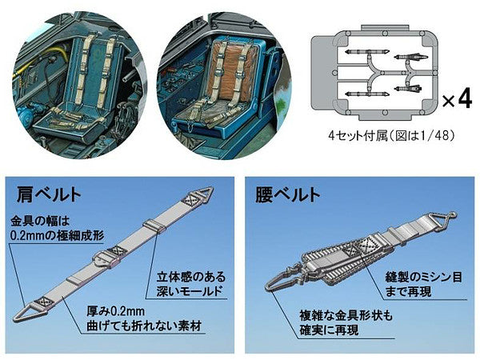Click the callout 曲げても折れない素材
click(x=132, y=327)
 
